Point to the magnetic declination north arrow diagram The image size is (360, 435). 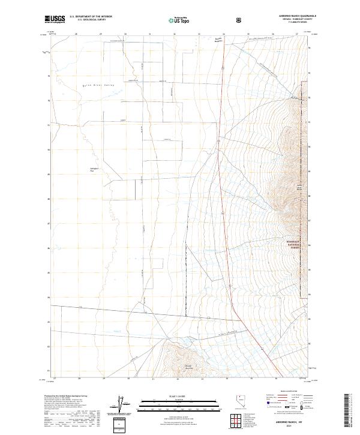click(124, 406)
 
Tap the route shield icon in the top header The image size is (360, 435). click(239, 20)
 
